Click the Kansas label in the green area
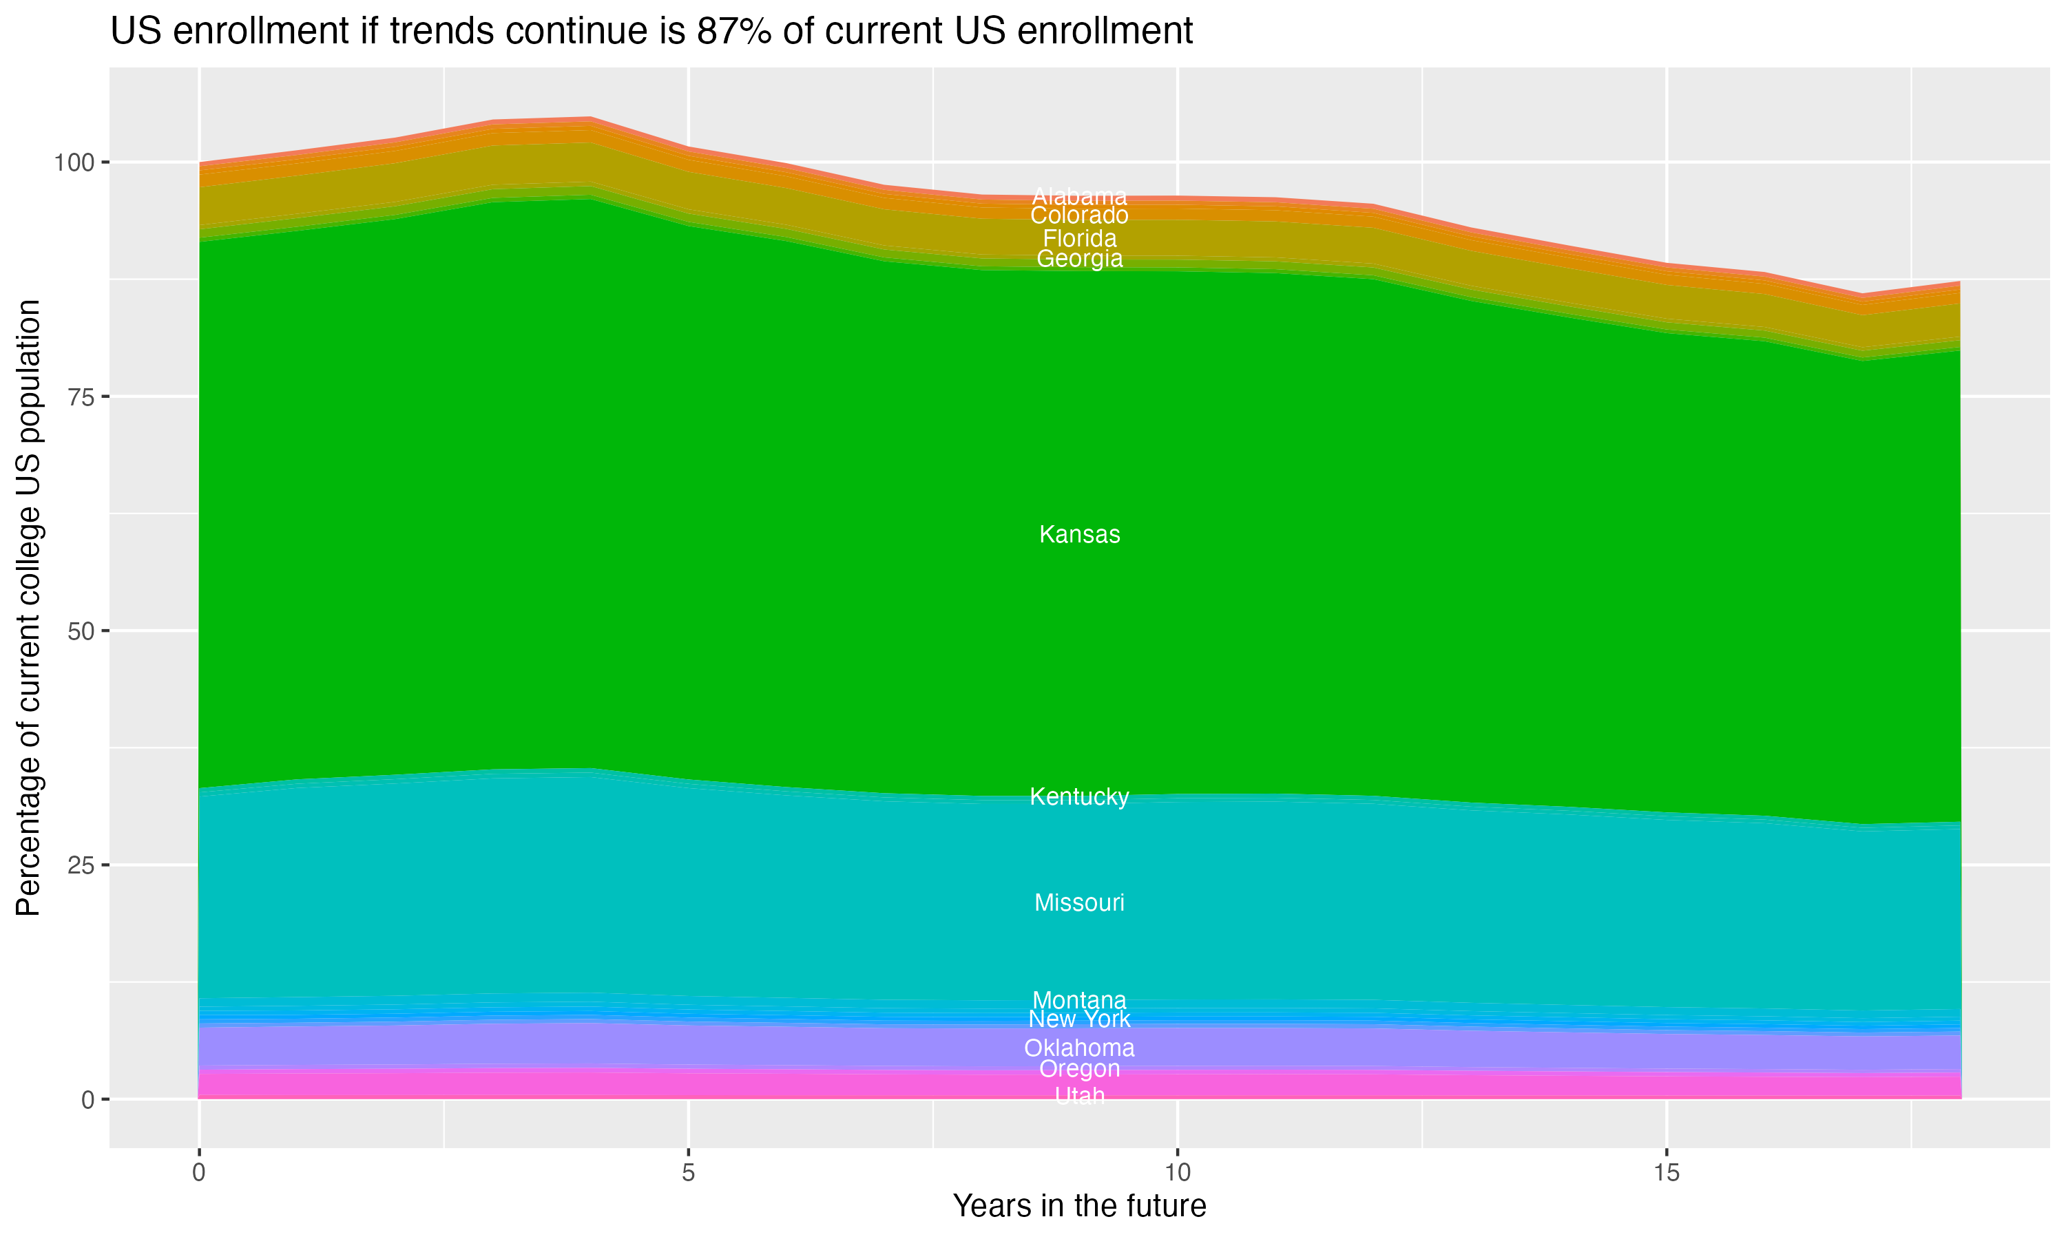coord(1079,534)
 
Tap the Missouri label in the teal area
coord(1079,902)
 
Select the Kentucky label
coord(1079,796)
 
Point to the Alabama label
coord(1079,197)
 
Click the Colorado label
coord(1079,215)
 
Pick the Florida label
coord(1079,238)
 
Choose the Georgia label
coord(1079,259)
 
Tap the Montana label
coord(1079,999)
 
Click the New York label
coord(1079,1019)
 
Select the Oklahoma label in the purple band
coord(1079,1048)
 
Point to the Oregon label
coord(1079,1069)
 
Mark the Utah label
coord(1079,1095)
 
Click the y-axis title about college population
coord(28,607)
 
